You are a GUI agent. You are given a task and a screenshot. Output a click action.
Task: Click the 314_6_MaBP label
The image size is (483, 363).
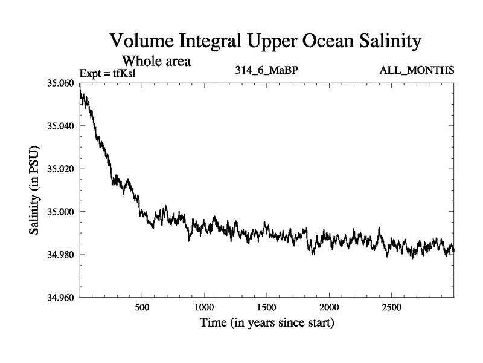coord(267,71)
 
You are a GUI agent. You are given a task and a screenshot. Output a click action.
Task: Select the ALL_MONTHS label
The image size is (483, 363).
coord(417,71)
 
